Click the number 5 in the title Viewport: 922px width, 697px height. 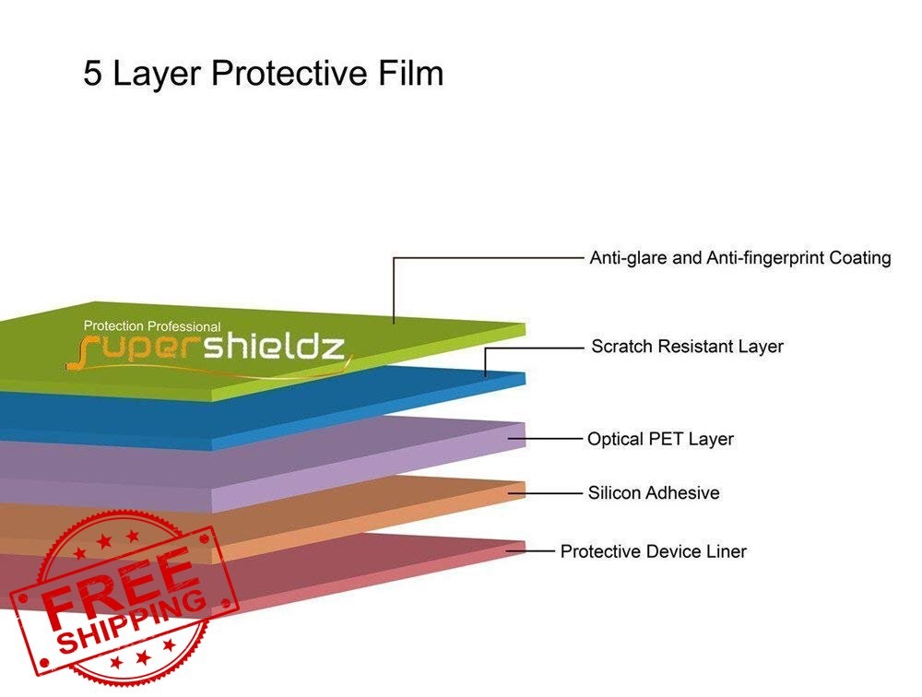(x=92, y=74)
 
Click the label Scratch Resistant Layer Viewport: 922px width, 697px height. (x=687, y=347)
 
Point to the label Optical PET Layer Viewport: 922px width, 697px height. (x=660, y=439)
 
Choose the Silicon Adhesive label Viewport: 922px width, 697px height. (x=654, y=492)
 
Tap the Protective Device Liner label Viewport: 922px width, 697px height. (x=654, y=551)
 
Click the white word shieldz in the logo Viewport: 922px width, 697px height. (x=274, y=347)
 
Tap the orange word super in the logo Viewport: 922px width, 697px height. (x=133, y=352)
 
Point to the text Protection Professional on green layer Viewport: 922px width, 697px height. (x=152, y=325)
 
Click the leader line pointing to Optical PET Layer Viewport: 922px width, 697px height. (x=545, y=439)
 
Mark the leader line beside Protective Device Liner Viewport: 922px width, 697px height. (x=530, y=551)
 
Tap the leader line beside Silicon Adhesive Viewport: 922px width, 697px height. (x=545, y=493)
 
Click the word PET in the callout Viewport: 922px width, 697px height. (x=666, y=439)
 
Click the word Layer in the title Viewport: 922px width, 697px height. (x=157, y=74)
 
